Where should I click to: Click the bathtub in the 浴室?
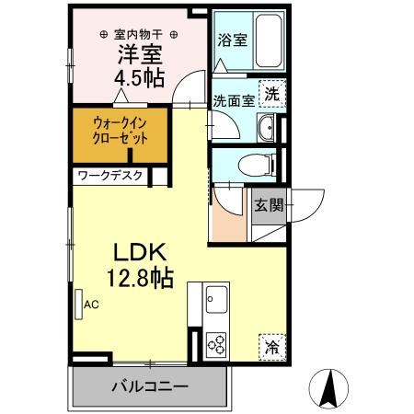[269, 40]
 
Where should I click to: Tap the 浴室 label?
[233, 40]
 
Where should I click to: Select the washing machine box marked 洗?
[272, 94]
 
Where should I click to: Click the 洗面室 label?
[234, 100]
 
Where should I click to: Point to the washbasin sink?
[266, 128]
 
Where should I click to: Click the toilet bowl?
[256, 165]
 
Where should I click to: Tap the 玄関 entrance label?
[269, 205]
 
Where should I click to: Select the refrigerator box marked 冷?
[272, 347]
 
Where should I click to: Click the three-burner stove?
[216, 344]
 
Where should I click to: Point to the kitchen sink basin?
[216, 299]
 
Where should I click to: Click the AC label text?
[91, 305]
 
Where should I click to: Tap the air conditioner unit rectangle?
[79, 305]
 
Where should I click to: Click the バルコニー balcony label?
[150, 386]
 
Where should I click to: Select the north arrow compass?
[328, 389]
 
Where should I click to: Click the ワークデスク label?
[110, 176]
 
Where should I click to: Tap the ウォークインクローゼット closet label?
[121, 131]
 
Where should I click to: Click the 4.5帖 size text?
[140, 78]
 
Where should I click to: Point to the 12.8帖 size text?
[140, 279]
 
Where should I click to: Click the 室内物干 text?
[138, 34]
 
